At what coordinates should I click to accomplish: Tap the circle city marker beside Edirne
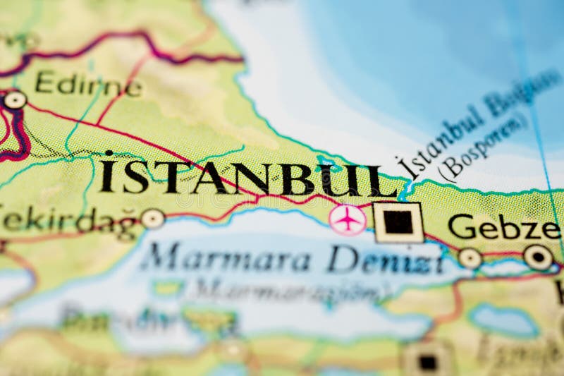point(14,100)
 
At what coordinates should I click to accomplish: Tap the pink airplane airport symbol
point(348,220)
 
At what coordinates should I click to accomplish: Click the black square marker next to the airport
point(398,222)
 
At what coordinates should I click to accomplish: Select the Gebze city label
point(503,227)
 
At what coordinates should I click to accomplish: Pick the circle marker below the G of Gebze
point(470,258)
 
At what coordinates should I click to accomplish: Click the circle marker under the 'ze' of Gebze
point(538,257)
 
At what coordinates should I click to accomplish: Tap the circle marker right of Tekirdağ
point(152,219)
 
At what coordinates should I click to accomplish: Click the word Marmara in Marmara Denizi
point(226,259)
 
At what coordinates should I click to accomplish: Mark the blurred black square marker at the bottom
point(427,361)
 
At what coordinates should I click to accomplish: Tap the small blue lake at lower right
point(503,321)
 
